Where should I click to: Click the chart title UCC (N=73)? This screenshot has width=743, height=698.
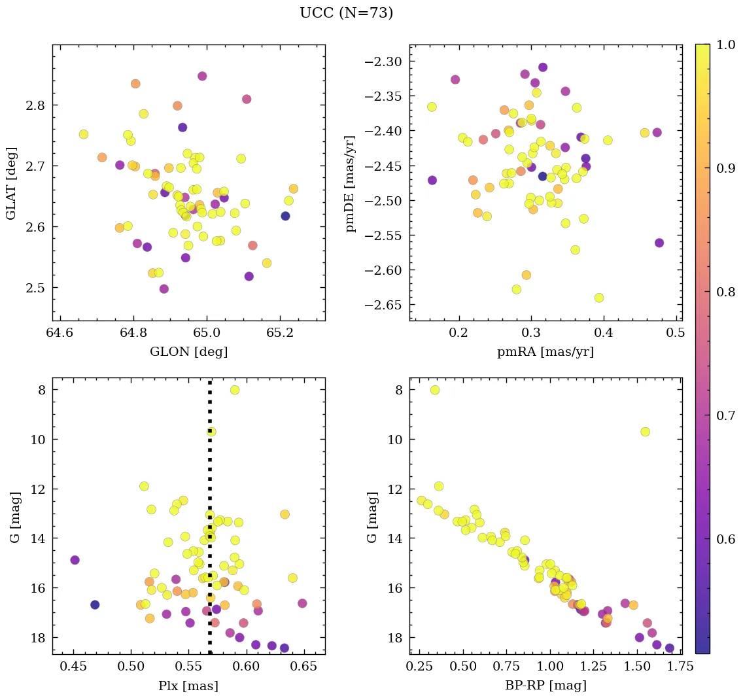(346, 13)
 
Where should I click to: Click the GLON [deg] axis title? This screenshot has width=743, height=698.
(188, 352)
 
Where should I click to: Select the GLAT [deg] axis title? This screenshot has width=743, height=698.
(11, 183)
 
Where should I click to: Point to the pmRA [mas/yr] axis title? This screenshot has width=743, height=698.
(546, 352)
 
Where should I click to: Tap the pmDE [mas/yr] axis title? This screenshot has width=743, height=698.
(351, 183)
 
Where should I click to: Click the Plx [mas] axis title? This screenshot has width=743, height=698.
(188, 686)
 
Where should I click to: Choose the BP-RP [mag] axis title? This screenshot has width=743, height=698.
(546, 686)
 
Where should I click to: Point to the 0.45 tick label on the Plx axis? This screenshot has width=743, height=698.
(73, 667)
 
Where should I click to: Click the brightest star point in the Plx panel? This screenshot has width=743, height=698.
(235, 390)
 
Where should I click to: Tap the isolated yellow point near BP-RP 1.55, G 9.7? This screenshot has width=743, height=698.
(645, 432)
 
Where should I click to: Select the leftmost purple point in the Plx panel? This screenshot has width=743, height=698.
(75, 560)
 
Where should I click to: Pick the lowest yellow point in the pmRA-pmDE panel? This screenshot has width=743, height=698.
(599, 298)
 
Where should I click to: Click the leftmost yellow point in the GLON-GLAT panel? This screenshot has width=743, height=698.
(84, 134)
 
